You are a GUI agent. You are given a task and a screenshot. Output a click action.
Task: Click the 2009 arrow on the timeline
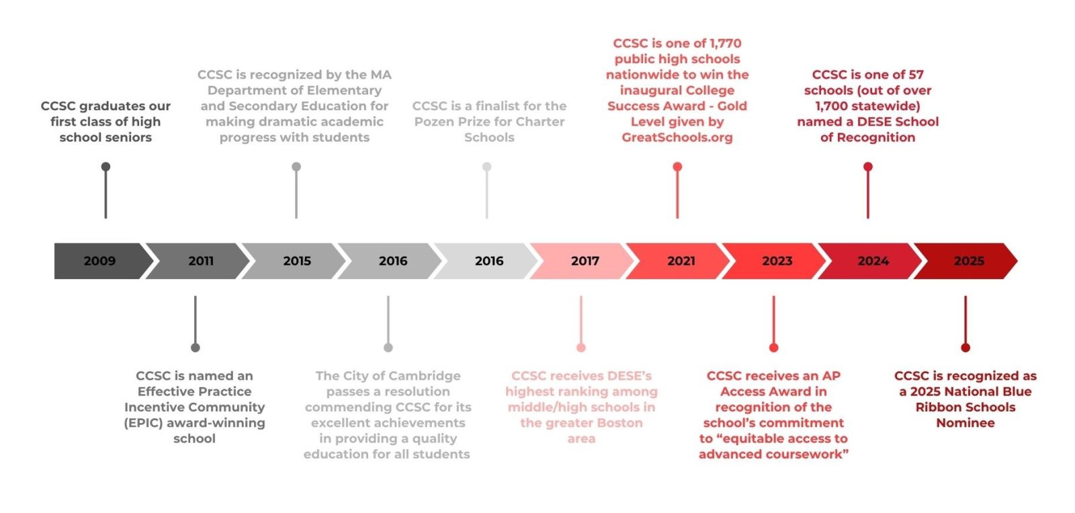[x=99, y=261]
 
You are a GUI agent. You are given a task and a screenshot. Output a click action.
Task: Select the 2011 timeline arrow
[x=200, y=261]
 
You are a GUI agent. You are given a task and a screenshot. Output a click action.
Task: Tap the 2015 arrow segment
[x=296, y=261]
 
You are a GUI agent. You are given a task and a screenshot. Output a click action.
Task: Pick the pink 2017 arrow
[x=585, y=261]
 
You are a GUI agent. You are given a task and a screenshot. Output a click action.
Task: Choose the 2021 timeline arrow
[x=681, y=261]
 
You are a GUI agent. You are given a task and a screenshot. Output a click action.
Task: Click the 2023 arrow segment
[x=777, y=261]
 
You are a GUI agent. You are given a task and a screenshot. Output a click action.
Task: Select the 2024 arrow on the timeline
[x=873, y=261]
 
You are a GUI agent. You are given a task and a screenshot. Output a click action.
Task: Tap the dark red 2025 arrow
[x=968, y=261]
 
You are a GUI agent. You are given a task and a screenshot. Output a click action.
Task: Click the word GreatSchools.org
[x=677, y=137]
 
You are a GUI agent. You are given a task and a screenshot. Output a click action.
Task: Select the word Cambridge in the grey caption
[x=425, y=376]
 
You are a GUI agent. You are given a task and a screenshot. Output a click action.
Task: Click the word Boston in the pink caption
[x=615, y=423]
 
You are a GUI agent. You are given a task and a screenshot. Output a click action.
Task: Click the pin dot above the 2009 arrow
[x=105, y=167]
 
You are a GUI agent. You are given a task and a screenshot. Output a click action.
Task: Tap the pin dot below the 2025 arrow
[x=965, y=348]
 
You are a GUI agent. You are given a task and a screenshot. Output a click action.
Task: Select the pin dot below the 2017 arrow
[x=581, y=348]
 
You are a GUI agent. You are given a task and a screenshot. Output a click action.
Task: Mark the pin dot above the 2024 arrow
[x=868, y=167]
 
